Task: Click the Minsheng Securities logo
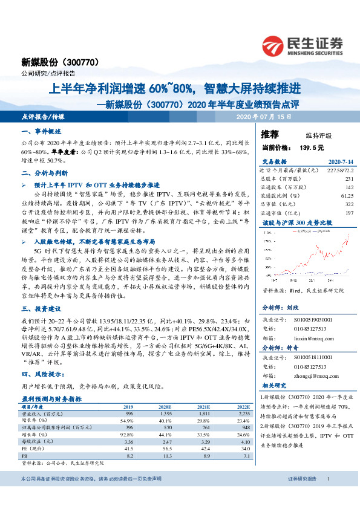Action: [303, 44]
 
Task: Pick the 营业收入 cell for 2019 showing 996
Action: [128, 414]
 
